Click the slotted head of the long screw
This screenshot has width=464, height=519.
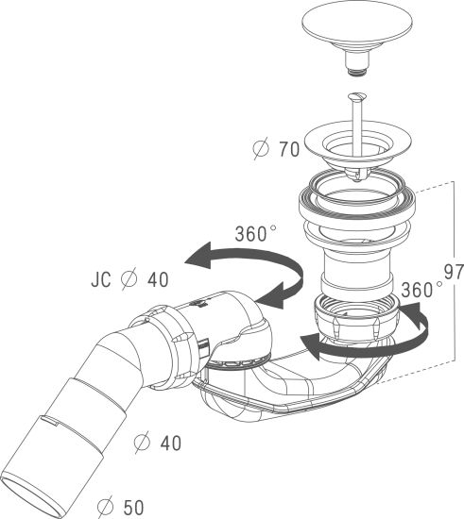357,96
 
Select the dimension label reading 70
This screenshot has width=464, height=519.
289,149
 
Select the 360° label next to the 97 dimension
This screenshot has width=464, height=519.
421,290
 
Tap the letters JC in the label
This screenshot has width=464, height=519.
101,279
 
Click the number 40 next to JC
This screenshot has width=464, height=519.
158,279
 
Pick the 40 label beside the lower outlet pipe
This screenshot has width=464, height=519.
171,443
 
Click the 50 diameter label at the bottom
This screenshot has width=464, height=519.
133,507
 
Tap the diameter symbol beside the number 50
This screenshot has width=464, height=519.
106,507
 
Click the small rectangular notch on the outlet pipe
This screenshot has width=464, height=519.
50,420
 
